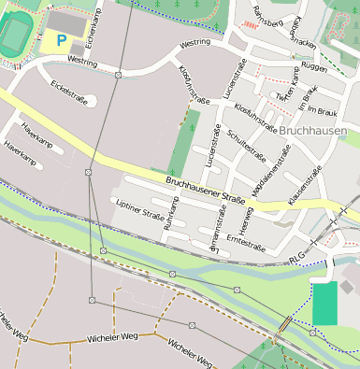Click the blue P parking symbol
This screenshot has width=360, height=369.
(x=62, y=40)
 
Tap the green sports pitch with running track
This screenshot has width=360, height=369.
(x=15, y=35)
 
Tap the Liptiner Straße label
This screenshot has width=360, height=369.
(x=139, y=208)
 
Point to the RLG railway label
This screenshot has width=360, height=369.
(x=297, y=258)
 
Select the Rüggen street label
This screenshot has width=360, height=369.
(x=314, y=68)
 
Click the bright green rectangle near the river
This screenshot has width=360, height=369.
(x=324, y=304)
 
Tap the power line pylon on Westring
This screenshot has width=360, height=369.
(x=118, y=74)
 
